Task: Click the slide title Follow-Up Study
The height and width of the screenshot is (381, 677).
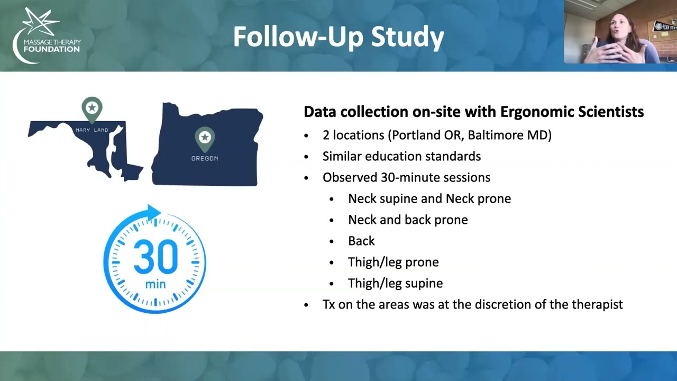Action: [338, 37]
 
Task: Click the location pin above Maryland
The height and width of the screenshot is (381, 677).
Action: [92, 109]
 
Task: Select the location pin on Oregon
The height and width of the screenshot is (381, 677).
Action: [205, 139]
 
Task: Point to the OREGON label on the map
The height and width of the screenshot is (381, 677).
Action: [205, 158]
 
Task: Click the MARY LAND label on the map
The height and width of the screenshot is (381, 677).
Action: [92, 130]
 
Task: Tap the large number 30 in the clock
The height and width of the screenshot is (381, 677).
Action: [155, 257]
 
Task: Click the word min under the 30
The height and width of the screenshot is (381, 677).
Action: [155, 285]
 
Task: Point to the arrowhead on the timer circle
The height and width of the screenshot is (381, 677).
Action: [153, 213]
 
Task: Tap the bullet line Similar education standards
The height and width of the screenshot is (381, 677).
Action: [401, 156]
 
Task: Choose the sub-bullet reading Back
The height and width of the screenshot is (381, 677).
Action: [361, 241]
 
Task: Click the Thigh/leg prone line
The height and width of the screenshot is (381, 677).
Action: [393, 262]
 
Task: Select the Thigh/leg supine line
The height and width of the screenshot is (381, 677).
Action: [395, 283]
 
